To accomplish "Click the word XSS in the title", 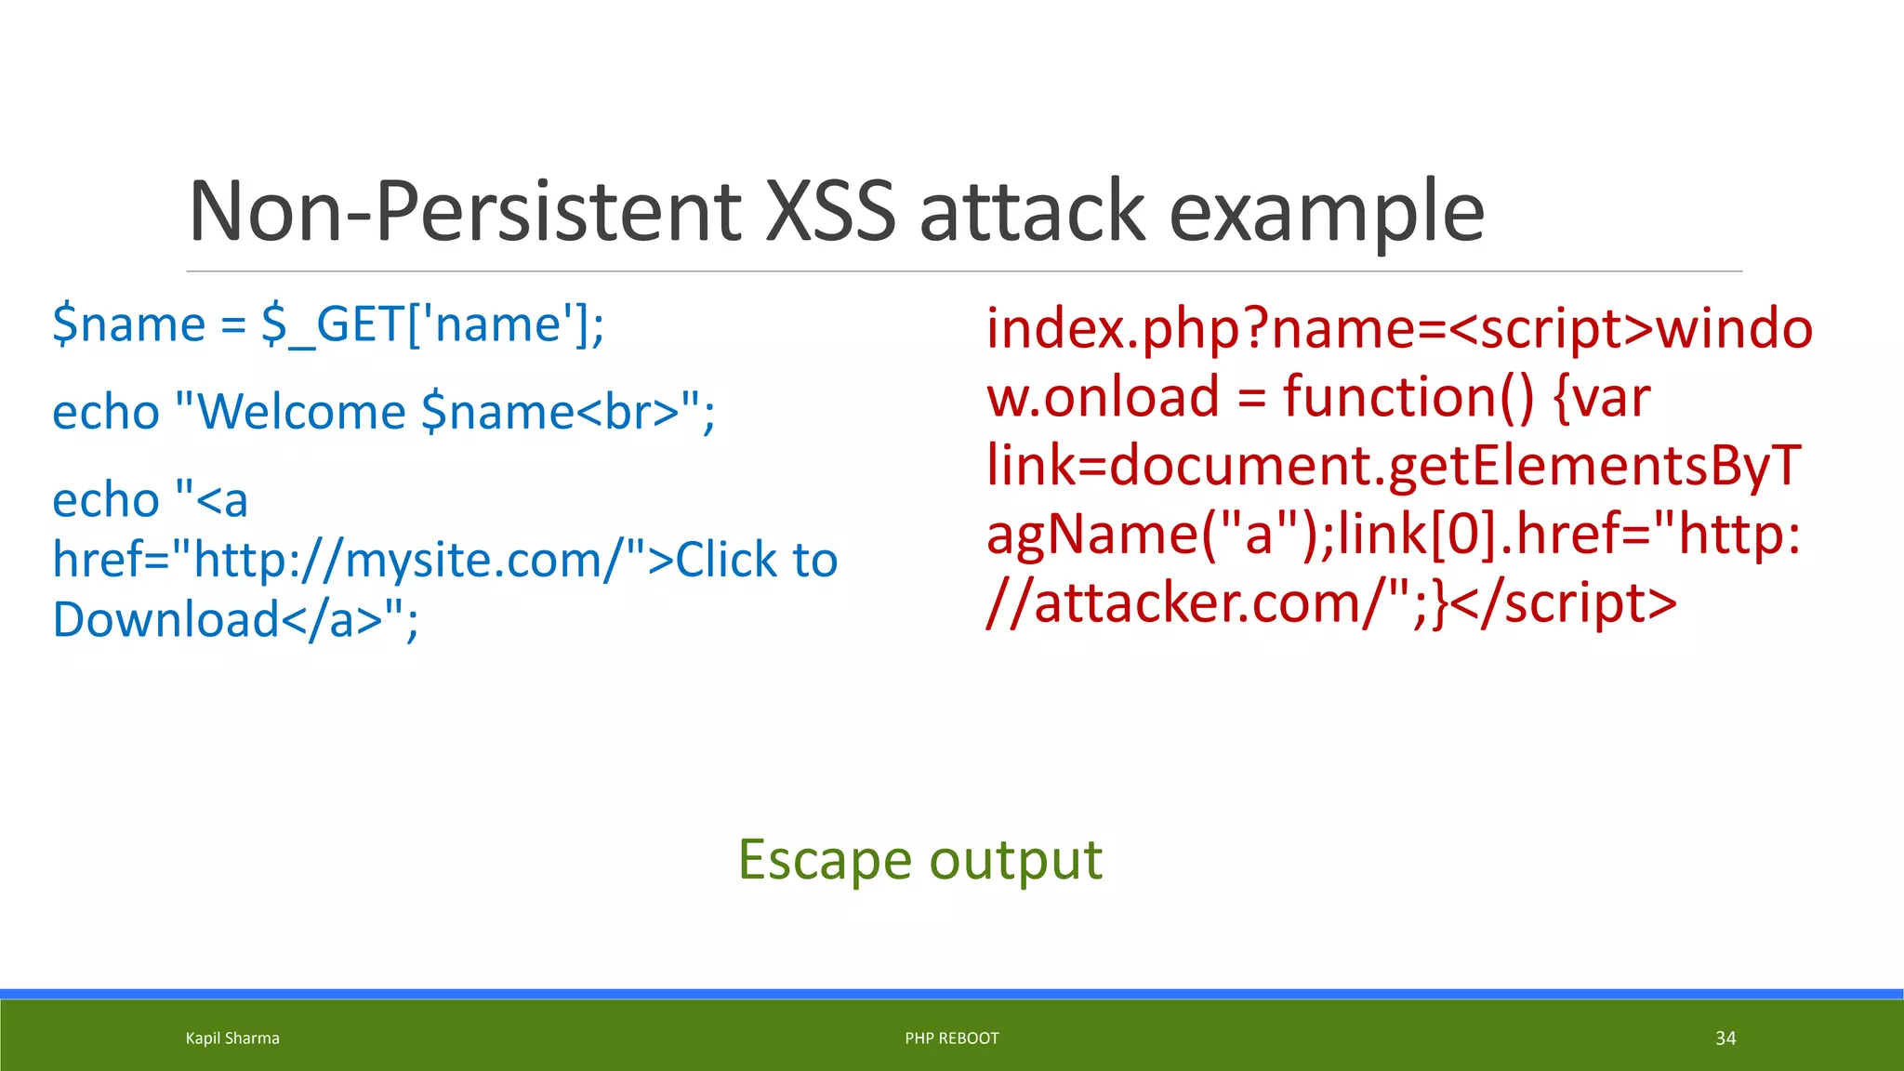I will point(829,212).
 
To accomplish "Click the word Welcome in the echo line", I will point(302,412).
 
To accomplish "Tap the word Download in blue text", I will point(165,620).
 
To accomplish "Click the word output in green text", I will point(1015,860).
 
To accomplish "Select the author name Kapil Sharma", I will point(232,1038).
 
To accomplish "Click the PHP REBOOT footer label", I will point(952,1038).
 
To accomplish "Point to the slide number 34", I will point(1725,1038).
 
